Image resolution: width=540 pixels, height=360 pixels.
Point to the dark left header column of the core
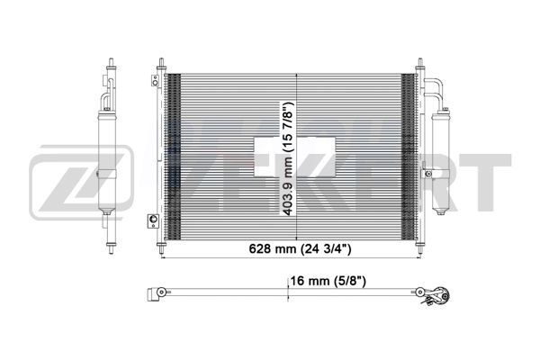175,153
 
